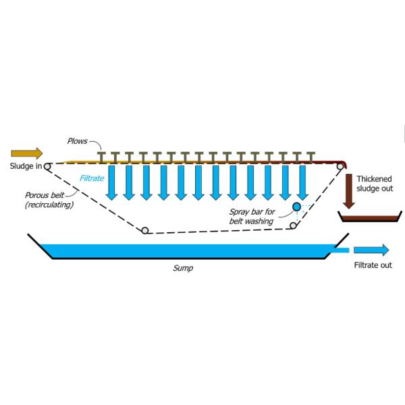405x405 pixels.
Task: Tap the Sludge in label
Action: pyautogui.click(x=26, y=166)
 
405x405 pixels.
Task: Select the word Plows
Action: pyautogui.click(x=78, y=141)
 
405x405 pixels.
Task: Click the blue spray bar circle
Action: pyautogui.click(x=296, y=206)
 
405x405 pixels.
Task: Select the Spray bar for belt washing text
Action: pyautogui.click(x=251, y=217)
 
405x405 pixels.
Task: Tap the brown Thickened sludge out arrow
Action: pyautogui.click(x=349, y=191)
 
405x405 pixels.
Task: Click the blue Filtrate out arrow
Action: pyautogui.click(x=372, y=250)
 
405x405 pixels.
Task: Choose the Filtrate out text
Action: pyautogui.click(x=373, y=265)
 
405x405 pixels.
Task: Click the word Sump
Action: pyautogui.click(x=182, y=268)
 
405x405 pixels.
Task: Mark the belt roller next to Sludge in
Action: pyautogui.click(x=47, y=165)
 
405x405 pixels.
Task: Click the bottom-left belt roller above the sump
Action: pyautogui.click(x=145, y=231)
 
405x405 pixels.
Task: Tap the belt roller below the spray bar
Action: pyautogui.click(x=292, y=225)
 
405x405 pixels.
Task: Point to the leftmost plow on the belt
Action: pyautogui.click(x=102, y=157)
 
